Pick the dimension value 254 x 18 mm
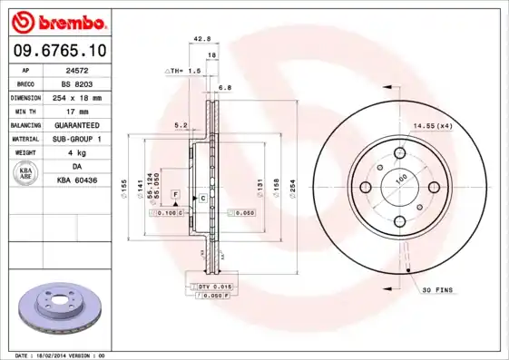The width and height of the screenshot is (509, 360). [86, 96]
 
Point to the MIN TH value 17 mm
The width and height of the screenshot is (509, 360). [86, 110]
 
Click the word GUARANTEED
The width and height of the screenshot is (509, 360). [86, 124]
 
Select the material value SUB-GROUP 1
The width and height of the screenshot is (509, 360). [86, 139]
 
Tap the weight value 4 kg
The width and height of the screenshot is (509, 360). [86, 152]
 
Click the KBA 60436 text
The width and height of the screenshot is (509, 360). [86, 180]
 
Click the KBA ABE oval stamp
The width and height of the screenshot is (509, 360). [27, 174]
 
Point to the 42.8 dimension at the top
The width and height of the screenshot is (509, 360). [202, 39]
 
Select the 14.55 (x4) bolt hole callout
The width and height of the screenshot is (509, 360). [433, 126]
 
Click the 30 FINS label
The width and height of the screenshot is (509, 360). [438, 289]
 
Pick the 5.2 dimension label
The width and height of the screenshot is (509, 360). [180, 125]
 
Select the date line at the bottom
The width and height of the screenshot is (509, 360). [61, 355]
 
